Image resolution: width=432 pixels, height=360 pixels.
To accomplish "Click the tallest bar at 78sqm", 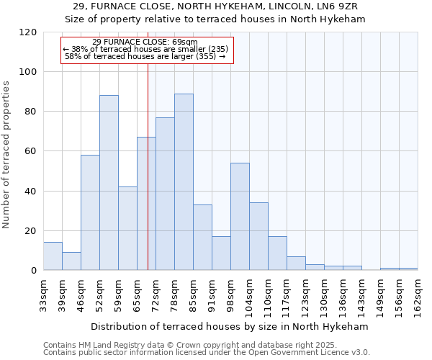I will [x=184, y=182].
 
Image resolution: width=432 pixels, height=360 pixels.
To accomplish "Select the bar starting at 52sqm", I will [x=109, y=183].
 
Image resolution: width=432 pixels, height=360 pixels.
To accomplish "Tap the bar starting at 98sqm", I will [x=240, y=217].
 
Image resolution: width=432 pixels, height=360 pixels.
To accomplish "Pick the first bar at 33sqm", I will [x=53, y=256].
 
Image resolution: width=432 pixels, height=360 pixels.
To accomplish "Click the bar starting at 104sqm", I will [x=258, y=236].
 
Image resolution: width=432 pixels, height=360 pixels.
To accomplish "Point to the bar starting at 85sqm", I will [x=202, y=238].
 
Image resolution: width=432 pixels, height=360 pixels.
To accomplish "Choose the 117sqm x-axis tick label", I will [x=287, y=294].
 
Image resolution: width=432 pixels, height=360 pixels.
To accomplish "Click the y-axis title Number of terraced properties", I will [x=6, y=155].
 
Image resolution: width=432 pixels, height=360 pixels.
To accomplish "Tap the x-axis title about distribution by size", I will [x=230, y=326].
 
